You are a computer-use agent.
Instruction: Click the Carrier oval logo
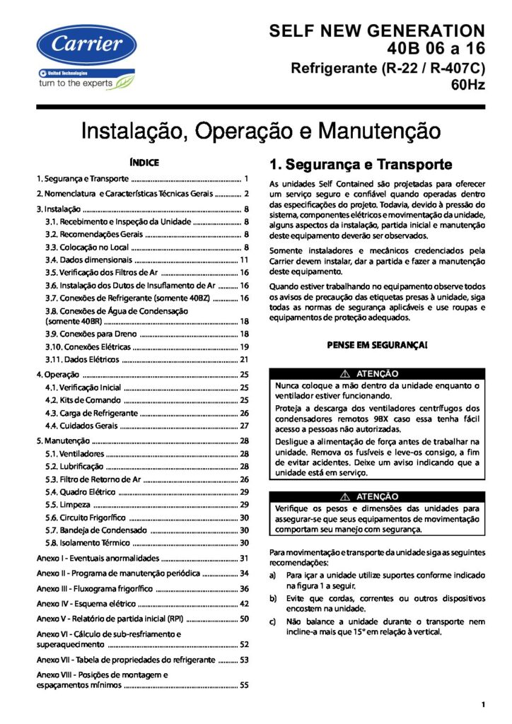coord(85,46)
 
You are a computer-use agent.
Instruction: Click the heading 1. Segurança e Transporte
coord(361,165)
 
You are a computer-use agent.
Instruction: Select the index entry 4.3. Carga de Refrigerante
coord(91,412)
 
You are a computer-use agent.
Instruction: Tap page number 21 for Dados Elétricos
coord(244,359)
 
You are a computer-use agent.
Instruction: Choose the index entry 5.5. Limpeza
coord(69,505)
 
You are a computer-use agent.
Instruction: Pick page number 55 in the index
coord(244,685)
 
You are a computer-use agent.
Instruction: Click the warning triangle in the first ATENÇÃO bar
coord(345,373)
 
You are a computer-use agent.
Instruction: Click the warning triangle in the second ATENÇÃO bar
coord(345,496)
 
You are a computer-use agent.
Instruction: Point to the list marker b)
coord(273,598)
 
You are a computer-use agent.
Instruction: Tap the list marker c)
coord(273,621)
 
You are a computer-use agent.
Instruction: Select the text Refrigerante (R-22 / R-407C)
coord(388,69)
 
